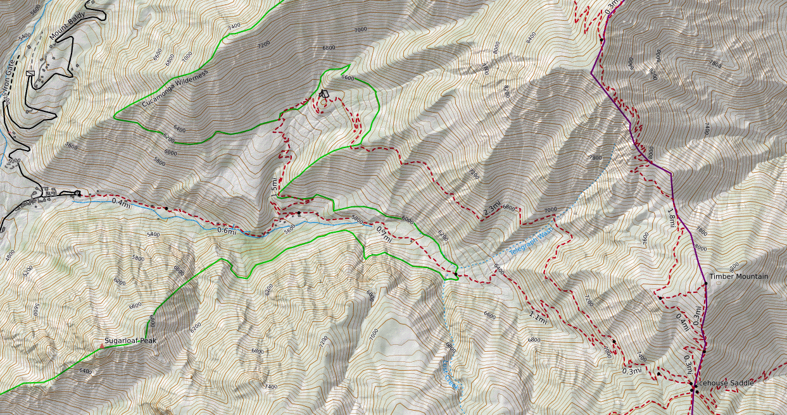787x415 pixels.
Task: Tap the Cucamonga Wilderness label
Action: click(175, 89)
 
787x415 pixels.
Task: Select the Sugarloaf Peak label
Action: click(130, 340)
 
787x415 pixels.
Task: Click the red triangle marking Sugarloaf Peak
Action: click(102, 347)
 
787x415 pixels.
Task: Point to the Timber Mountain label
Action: click(738, 276)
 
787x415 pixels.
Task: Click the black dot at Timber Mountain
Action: click(705, 283)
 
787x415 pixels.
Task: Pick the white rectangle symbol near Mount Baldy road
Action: click(30, 73)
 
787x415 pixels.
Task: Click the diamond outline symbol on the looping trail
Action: click(324, 94)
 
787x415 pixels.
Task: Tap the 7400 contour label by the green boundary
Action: click(234, 27)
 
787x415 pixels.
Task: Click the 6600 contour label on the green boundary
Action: click(348, 78)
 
